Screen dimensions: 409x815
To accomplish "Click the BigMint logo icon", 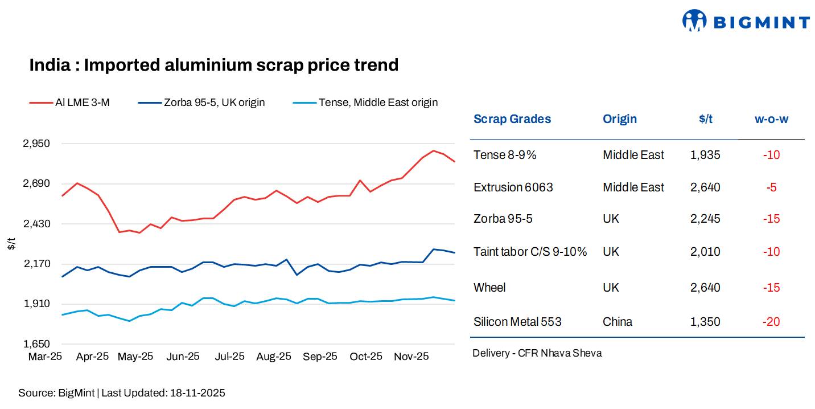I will tap(694, 21).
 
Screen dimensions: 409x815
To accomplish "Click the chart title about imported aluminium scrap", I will tap(213, 65).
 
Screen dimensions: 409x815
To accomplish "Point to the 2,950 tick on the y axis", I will tap(36, 144).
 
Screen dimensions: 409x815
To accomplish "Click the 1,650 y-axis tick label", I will tap(36, 344).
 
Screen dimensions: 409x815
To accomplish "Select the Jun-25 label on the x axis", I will tap(183, 357).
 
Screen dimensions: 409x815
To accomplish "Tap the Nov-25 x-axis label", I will tap(411, 357).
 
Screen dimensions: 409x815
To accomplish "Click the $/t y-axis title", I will tap(12, 244).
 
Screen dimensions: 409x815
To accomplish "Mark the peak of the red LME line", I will tap(434, 151).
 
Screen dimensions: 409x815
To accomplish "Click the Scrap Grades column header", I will tap(512, 119).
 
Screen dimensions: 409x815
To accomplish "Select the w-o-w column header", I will tap(771, 119).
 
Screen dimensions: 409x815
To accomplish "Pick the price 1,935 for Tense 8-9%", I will tap(705, 155).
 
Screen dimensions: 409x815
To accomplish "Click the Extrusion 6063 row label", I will tap(513, 187).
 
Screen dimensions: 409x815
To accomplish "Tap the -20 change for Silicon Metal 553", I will tap(771, 322).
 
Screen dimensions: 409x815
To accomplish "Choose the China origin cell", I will tap(618, 322).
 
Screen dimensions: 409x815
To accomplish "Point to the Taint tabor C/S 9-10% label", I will tap(530, 252).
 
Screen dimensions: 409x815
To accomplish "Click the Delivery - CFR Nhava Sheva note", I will tap(537, 353).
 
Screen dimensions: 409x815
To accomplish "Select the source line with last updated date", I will tap(122, 393).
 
